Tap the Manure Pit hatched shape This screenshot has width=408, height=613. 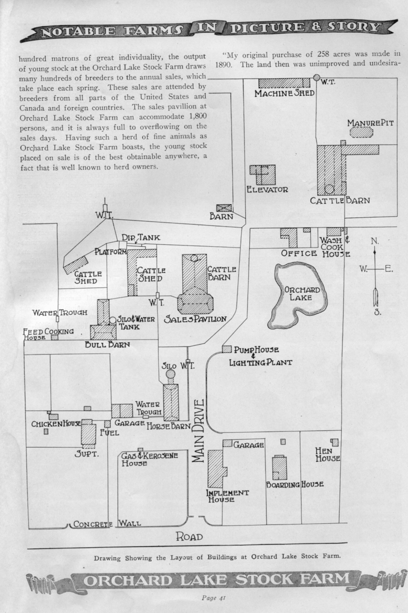point(361,132)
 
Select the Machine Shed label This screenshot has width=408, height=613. point(284,94)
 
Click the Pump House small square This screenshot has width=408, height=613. point(227,349)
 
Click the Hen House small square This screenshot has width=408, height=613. point(335,442)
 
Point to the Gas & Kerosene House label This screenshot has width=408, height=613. point(149,459)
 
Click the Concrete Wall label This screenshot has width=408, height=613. point(107,524)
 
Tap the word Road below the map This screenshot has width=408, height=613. point(189,537)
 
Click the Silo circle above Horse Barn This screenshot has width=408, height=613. point(170,375)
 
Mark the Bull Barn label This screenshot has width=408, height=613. point(107,344)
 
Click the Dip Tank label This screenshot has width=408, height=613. point(141,237)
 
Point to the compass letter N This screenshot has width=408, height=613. point(374,241)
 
